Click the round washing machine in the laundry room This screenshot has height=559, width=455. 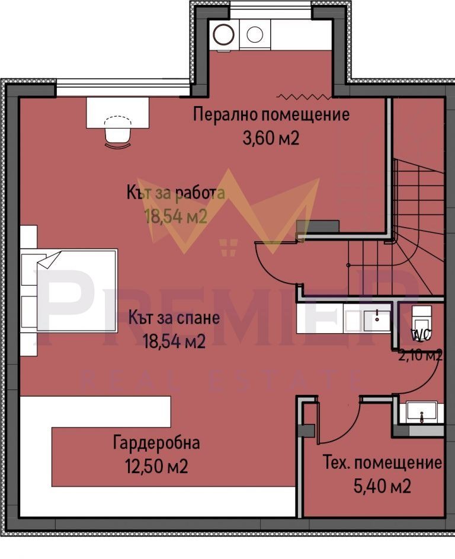(x=225, y=34)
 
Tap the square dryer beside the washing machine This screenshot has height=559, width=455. (x=255, y=34)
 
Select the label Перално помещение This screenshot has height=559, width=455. (x=271, y=114)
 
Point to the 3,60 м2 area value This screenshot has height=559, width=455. (x=271, y=138)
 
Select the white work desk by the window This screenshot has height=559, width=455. (x=117, y=111)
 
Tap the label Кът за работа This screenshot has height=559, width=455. (x=175, y=193)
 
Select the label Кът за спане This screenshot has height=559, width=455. (x=174, y=318)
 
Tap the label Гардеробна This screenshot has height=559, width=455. (x=156, y=443)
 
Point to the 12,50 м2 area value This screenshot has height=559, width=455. (x=156, y=467)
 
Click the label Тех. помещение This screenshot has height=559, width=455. (x=382, y=462)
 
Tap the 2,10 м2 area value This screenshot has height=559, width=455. (x=420, y=356)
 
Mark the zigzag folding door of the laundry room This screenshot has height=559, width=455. (x=302, y=95)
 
